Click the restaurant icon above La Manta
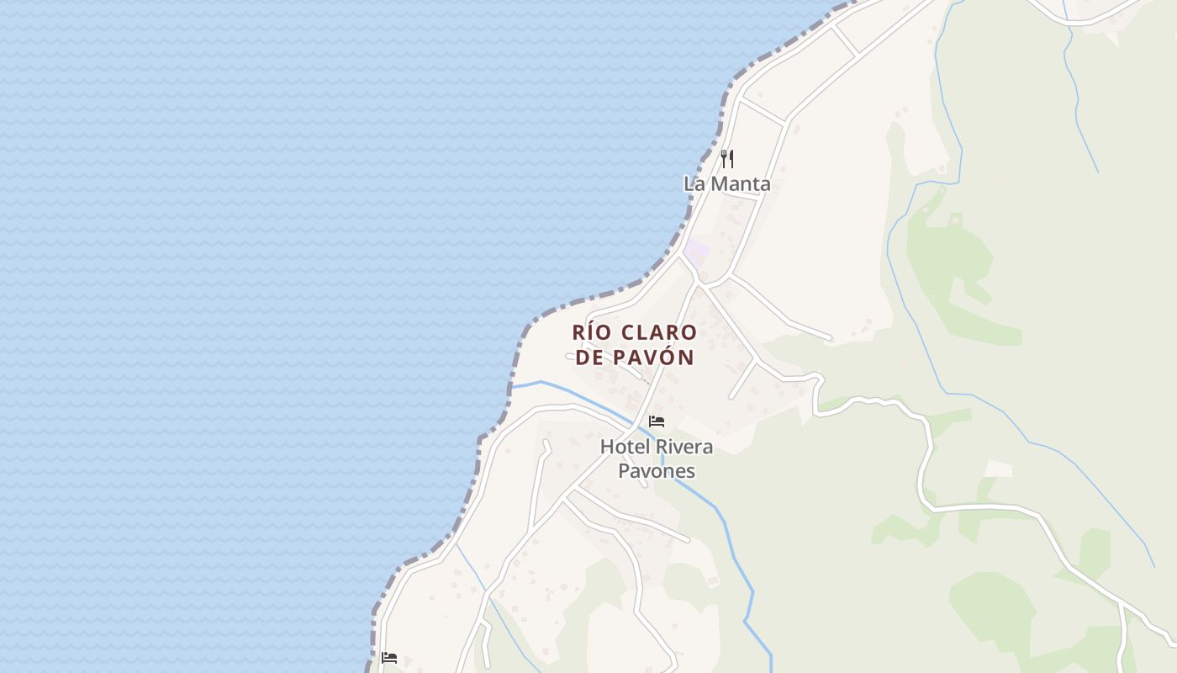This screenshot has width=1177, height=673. tap(728, 158)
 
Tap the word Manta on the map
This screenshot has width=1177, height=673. tap(740, 183)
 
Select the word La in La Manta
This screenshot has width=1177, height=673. tap(694, 183)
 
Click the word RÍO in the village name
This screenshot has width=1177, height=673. tap(590, 332)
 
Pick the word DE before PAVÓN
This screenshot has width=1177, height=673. tap(590, 358)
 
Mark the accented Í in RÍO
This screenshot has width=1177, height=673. tap(591, 332)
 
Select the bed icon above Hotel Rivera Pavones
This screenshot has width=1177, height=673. tap(657, 421)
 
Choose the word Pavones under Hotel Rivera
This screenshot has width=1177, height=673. tap(657, 471)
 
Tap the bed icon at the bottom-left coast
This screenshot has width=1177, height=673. tap(389, 657)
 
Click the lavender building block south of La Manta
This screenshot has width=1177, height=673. tap(696, 251)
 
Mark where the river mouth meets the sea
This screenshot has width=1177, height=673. tap(512, 386)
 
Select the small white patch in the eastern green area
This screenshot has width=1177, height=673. tap(998, 469)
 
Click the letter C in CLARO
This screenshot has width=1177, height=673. tap(627, 332)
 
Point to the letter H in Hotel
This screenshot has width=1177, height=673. tap(606, 447)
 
